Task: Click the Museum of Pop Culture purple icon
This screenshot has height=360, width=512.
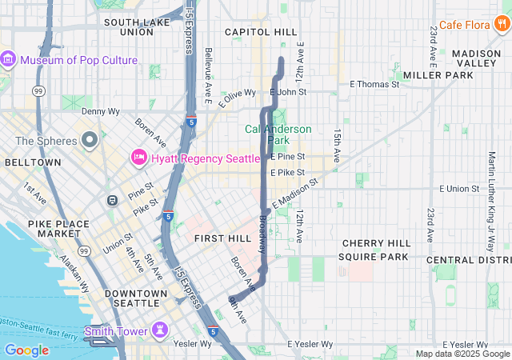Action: [9, 60]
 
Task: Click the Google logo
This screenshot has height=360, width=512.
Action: [26, 350]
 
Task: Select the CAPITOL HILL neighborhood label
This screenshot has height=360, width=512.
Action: [261, 32]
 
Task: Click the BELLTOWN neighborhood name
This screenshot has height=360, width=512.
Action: [32, 162]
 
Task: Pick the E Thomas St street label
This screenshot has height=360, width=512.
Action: [374, 84]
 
